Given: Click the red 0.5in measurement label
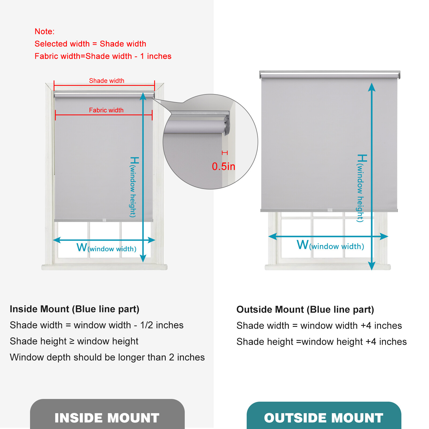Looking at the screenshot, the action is point(223,167).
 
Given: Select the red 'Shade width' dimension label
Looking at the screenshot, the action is point(106,81).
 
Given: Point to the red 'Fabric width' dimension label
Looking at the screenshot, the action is point(106,110).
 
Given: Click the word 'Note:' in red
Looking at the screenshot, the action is point(45,31).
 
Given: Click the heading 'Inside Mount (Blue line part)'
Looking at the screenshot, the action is point(75,309).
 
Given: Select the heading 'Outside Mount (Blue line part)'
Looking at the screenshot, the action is point(305,310).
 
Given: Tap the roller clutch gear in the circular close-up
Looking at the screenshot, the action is point(227,125).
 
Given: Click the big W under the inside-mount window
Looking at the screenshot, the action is point(82,247).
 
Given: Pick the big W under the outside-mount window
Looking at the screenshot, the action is point(302,245).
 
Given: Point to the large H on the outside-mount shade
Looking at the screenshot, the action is point(362,158).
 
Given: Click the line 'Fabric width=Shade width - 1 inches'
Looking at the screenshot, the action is point(103,56).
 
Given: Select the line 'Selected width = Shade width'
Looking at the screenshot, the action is point(90,44).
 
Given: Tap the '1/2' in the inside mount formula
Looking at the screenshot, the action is point(146,325).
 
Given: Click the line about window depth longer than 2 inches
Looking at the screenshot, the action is point(107,357).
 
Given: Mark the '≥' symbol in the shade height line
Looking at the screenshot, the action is point(72,341).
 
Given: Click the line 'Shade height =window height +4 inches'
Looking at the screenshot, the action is point(321,342).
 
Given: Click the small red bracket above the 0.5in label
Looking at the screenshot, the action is point(225,153).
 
